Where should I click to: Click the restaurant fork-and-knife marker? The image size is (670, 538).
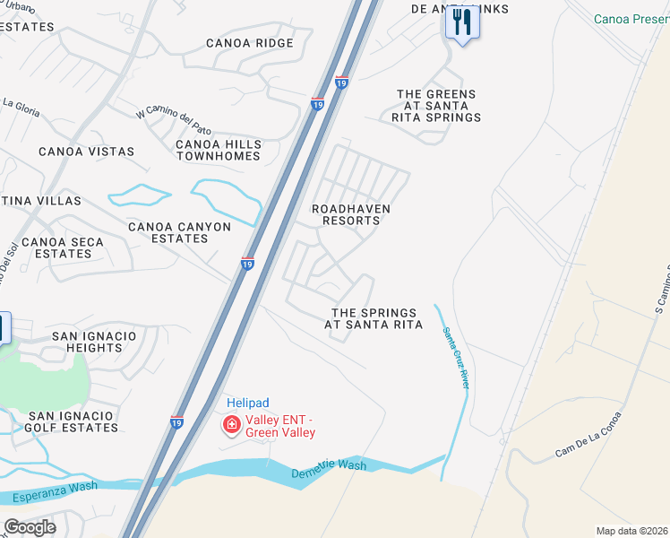462,22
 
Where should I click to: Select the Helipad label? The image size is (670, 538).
248,403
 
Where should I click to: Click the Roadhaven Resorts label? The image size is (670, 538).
350,214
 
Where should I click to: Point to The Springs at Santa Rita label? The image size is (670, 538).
374,318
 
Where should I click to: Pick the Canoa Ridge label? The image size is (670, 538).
249,43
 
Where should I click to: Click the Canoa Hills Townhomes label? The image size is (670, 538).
219,150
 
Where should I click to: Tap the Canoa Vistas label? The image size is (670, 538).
86,152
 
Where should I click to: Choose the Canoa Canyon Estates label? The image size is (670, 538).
179,232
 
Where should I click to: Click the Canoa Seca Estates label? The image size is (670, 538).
63,247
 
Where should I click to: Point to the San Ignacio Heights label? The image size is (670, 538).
94,342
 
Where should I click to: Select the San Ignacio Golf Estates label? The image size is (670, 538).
73,421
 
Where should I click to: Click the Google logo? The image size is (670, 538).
30,527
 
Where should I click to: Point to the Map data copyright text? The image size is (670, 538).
631,531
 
